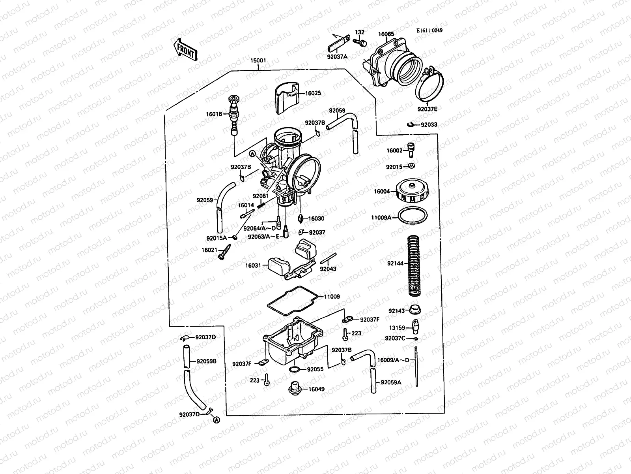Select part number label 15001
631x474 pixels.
click(x=258, y=61)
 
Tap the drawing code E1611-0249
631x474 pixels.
click(x=429, y=30)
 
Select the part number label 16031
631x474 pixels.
click(x=253, y=265)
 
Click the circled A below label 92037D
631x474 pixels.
click(x=216, y=421)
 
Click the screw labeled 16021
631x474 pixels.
click(x=224, y=252)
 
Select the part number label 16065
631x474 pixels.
click(x=386, y=34)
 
